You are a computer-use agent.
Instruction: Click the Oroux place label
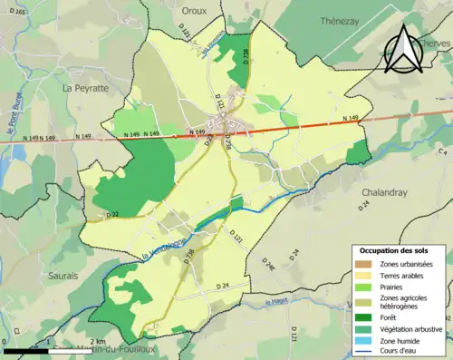coord(195,11)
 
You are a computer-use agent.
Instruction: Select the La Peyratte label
coord(84,88)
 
